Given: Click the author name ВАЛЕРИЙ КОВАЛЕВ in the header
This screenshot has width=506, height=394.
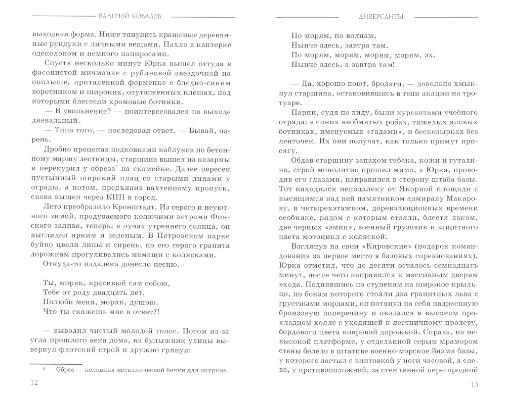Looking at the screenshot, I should [x=132, y=16].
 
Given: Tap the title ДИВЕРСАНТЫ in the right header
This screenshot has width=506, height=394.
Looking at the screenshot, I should [x=374, y=16].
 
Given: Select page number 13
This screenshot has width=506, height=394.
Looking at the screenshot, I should [x=474, y=382].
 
